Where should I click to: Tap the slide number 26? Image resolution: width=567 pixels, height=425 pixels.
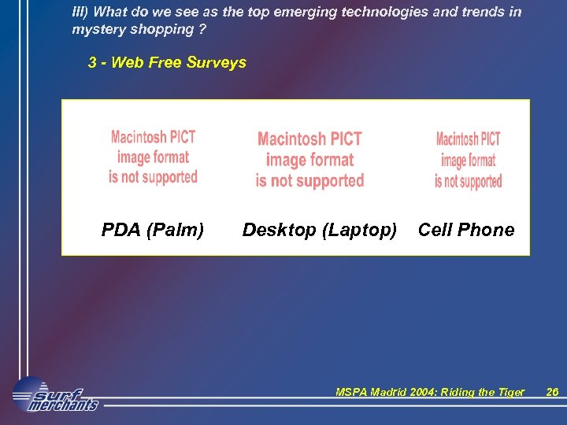[552, 393]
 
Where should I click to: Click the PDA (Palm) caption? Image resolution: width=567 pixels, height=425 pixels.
[153, 230]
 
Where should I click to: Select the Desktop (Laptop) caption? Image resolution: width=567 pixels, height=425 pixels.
[319, 230]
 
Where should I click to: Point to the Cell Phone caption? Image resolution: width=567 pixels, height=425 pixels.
[465, 230]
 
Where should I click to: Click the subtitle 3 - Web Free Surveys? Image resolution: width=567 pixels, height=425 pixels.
[167, 63]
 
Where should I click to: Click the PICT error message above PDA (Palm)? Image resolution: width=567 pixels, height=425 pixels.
[153, 157]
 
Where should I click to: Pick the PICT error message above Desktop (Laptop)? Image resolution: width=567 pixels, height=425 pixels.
[309, 160]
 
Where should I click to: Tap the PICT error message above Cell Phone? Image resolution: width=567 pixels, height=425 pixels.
[468, 161]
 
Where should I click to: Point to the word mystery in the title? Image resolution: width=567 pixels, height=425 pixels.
[98, 29]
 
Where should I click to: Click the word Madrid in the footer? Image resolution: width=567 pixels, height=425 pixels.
[387, 393]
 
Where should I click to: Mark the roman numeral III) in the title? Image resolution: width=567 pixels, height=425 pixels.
[80, 12]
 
